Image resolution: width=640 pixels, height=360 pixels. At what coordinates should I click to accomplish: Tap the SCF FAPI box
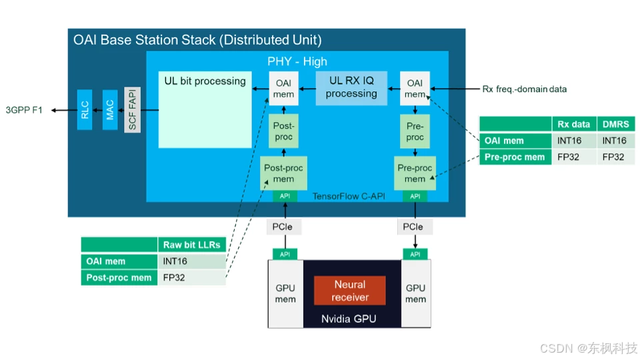coord(133,110)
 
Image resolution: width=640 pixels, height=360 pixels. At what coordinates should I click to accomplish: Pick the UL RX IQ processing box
coord(351,87)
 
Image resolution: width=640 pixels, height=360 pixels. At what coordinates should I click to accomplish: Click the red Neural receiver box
coord(350,291)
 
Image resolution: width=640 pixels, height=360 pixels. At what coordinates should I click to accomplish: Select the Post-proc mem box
coord(283,173)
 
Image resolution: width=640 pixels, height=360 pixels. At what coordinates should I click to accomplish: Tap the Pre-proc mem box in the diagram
coord(415,173)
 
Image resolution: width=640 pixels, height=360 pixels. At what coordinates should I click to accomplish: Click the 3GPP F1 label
coord(24,110)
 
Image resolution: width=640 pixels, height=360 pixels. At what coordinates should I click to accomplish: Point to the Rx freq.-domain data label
coord(524,89)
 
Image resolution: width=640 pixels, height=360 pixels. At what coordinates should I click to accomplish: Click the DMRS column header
coord(615,124)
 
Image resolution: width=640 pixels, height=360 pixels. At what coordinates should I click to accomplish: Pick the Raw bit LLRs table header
coord(191,245)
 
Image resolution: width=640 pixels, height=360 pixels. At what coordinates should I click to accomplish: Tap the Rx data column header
coord(573,124)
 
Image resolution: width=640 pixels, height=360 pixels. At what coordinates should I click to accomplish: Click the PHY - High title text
coord(297,61)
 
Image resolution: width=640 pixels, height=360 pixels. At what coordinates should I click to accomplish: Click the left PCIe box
coord(283,227)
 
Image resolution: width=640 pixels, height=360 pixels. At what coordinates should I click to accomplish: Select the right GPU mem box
coord(415,294)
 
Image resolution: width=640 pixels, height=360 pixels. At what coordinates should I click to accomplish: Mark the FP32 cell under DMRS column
coord(613,157)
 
